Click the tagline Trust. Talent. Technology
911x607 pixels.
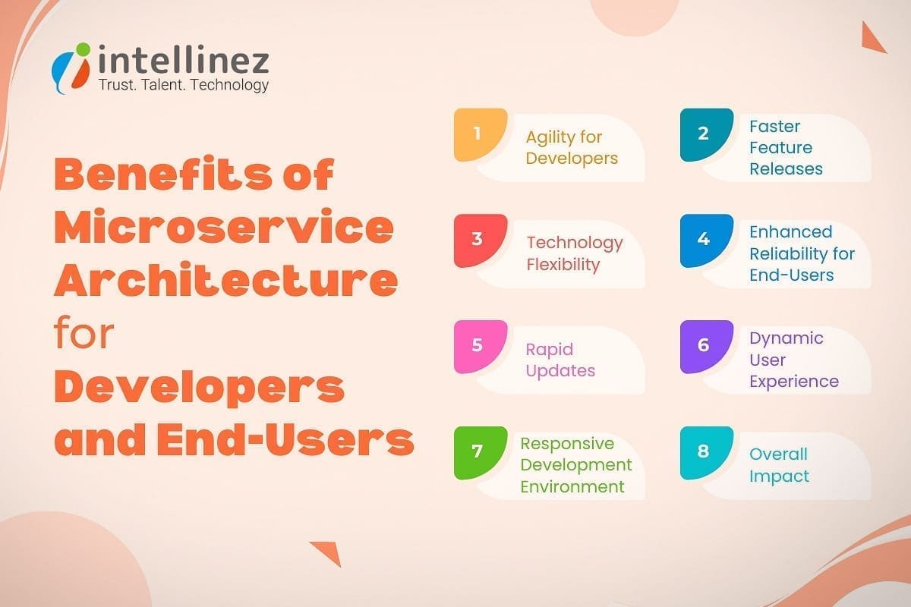click(x=184, y=85)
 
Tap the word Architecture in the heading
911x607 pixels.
click(x=225, y=281)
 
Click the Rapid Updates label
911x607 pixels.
click(x=560, y=360)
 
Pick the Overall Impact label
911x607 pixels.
click(x=779, y=465)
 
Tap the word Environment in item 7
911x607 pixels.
click(x=572, y=486)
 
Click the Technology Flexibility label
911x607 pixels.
click(x=575, y=253)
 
